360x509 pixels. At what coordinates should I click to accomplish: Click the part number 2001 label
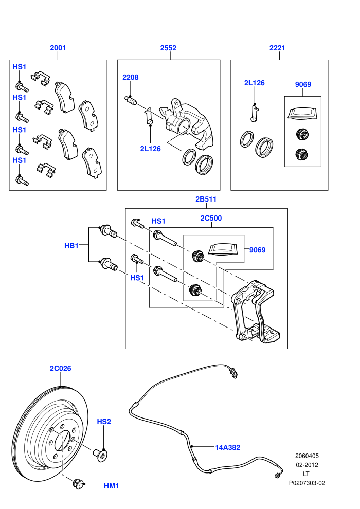[58, 48]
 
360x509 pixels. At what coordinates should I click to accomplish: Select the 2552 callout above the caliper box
[168, 48]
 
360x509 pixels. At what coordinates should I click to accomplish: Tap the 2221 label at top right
[277, 48]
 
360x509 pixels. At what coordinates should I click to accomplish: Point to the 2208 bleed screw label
[131, 77]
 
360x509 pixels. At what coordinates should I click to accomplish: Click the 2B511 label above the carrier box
[206, 199]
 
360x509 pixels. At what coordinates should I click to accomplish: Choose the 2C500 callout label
[211, 218]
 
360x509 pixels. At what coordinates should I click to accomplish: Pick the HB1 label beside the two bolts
[71, 246]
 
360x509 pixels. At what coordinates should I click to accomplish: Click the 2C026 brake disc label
[60, 369]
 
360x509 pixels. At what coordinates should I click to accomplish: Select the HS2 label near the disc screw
[104, 422]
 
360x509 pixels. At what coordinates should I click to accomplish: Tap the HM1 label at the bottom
[112, 486]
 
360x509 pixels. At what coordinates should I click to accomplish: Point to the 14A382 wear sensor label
[227, 448]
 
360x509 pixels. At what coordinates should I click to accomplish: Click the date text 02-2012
[307, 465]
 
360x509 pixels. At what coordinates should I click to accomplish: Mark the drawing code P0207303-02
[307, 483]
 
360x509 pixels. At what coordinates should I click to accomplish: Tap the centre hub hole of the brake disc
[62, 441]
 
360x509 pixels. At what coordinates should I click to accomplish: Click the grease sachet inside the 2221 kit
[302, 113]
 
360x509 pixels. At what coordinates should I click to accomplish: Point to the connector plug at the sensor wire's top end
[233, 373]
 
